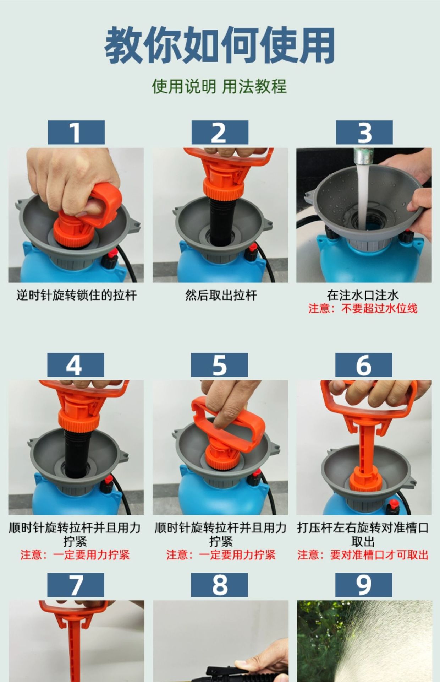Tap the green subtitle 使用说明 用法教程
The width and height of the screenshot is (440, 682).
click(219, 86)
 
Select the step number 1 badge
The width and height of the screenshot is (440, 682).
click(76, 132)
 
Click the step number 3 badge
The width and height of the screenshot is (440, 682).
click(364, 132)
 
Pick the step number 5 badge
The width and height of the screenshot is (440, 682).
click(219, 365)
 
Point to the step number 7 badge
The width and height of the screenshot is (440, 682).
click(76, 585)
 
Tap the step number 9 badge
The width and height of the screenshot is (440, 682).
click(364, 585)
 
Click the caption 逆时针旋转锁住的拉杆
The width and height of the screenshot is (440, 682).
click(76, 295)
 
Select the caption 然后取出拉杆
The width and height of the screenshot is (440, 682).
click(221, 295)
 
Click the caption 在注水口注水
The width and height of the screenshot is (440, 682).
click(363, 295)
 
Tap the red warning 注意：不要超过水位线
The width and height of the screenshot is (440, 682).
click(363, 308)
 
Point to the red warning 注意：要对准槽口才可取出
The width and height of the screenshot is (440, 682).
click(363, 555)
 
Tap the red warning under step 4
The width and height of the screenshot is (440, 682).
click(75, 555)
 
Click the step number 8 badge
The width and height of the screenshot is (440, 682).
click(219, 585)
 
